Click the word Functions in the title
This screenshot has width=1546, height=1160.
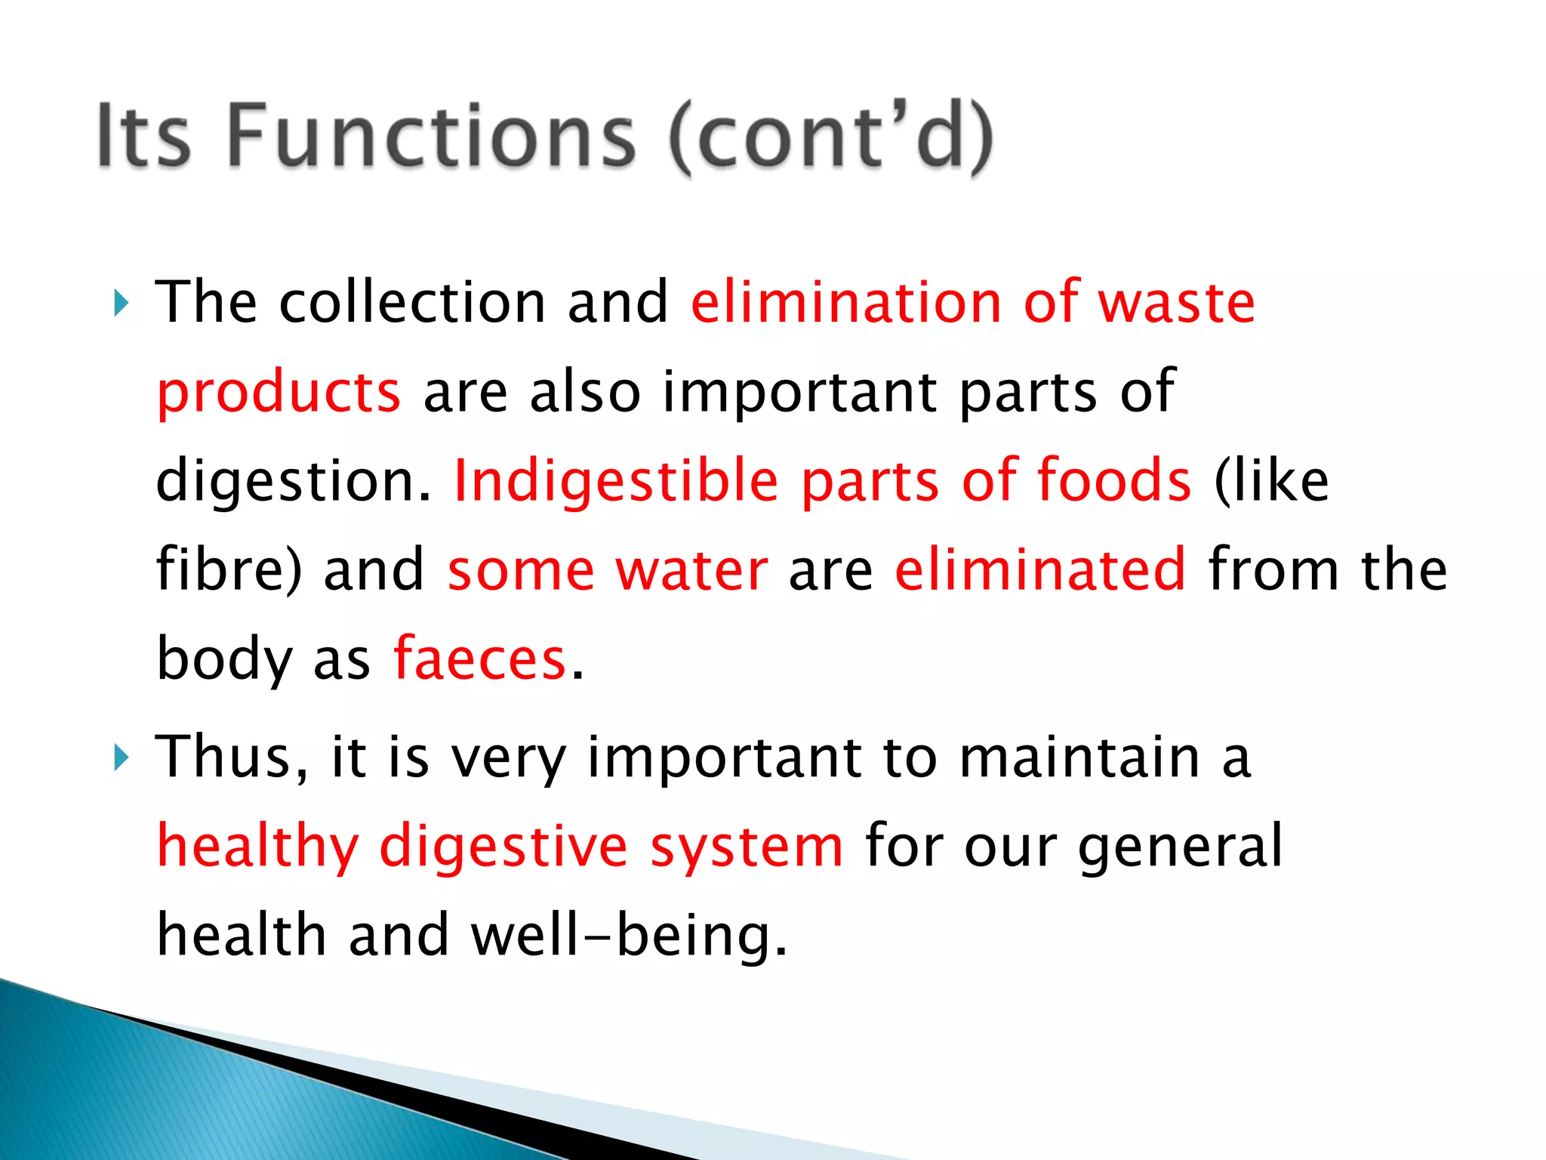430,136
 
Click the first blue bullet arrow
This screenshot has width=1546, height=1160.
121,304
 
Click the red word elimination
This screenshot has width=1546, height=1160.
846,302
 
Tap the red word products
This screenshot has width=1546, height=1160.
279,393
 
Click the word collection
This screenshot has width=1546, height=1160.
412,302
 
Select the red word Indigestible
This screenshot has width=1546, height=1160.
616,481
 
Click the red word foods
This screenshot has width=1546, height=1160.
1114,481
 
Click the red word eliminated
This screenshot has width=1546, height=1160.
1040,570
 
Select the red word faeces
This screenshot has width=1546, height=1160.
480,659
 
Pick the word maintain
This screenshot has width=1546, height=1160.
1080,757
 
